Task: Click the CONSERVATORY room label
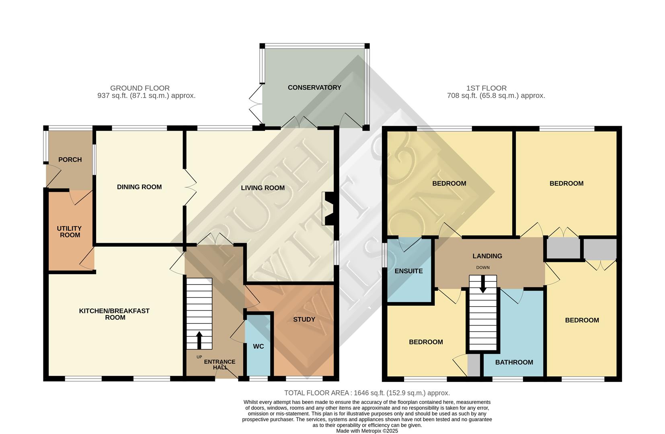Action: [x=314, y=88]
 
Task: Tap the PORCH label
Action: [x=70, y=160]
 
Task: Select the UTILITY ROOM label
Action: [x=70, y=232]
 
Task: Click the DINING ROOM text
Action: [x=139, y=187]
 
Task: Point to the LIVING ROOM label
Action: [x=263, y=188]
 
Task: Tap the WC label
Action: [x=258, y=346]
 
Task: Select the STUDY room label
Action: [x=304, y=319]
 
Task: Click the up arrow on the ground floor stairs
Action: [x=199, y=340]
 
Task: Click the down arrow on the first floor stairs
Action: [x=483, y=284]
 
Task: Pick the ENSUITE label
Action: [x=408, y=271]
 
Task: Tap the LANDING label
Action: [x=487, y=256]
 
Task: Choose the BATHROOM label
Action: [x=514, y=362]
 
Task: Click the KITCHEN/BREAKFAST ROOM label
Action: [x=114, y=314]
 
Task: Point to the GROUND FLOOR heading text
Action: [x=140, y=88]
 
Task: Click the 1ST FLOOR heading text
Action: [x=486, y=88]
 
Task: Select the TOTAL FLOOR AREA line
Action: [x=367, y=393]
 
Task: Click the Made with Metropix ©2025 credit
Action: [x=367, y=431]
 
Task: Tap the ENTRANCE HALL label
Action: [x=220, y=364]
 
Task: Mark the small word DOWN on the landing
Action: [x=482, y=268]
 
